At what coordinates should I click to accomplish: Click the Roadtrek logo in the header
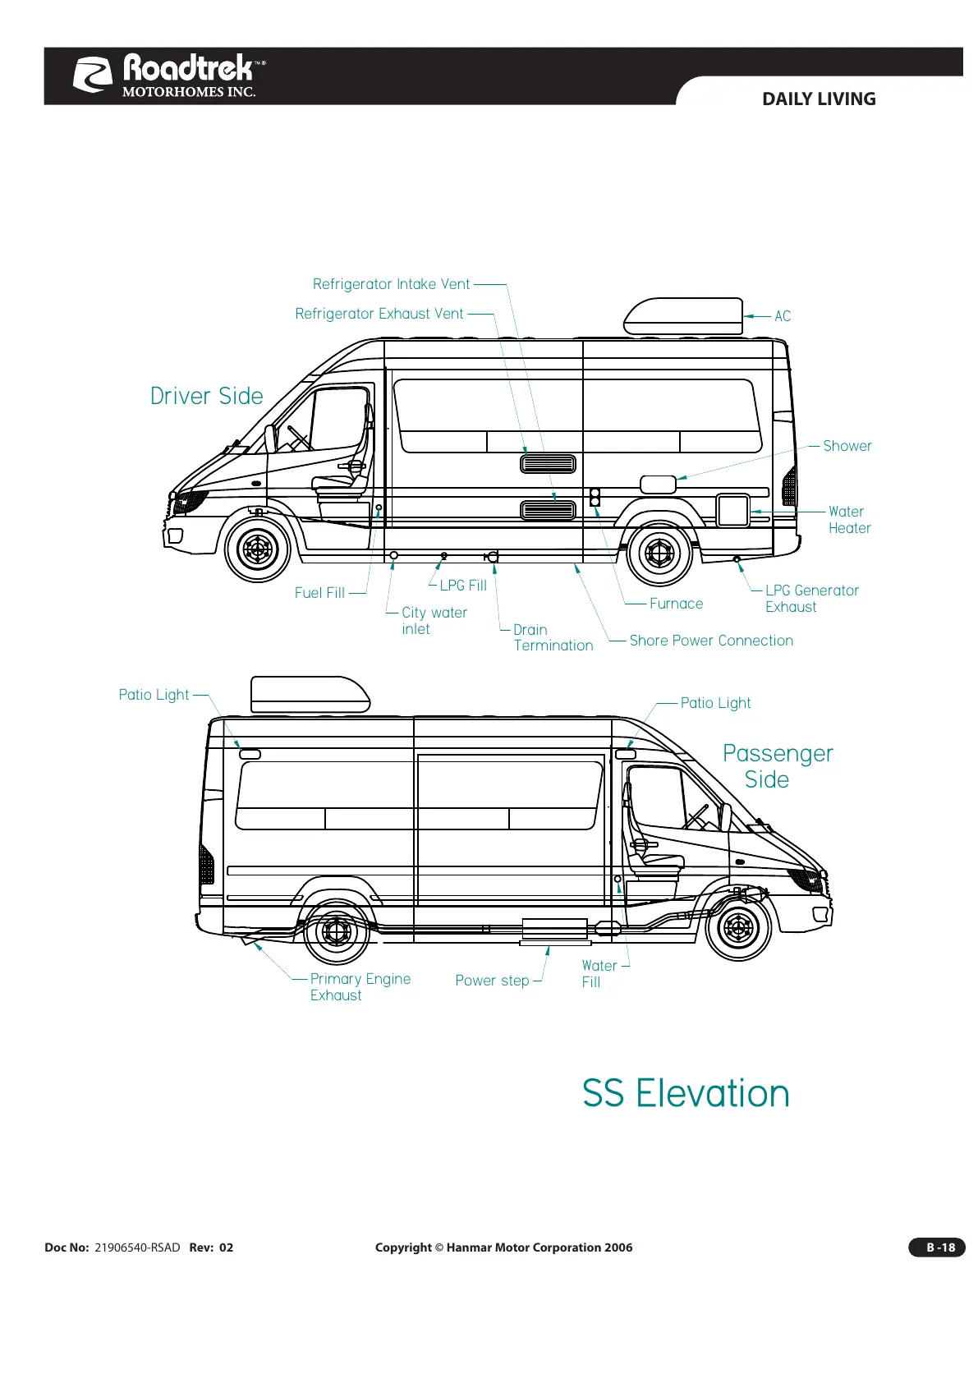coord(169,75)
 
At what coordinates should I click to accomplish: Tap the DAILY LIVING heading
coord(818,99)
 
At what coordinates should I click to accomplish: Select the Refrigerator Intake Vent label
coord(391,284)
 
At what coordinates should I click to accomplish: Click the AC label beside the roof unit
coord(783,316)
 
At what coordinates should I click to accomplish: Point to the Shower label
coord(847,446)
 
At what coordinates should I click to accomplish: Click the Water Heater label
coord(848,520)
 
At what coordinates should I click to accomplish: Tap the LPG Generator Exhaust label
coord(810,599)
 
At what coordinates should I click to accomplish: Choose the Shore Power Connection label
coord(710,641)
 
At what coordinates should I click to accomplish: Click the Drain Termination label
coord(552,637)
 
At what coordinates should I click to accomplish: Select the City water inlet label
coord(434,621)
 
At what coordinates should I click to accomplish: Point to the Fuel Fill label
coord(319,593)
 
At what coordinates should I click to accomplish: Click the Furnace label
coord(676,604)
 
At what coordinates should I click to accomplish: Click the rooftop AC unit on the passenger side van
coord(310,695)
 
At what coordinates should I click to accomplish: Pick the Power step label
coord(492,981)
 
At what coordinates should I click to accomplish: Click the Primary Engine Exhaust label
coord(360,987)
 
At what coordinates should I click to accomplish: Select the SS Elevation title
coord(686,1094)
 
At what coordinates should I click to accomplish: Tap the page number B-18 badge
coord(937,1247)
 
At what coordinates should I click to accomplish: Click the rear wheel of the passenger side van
coord(337,932)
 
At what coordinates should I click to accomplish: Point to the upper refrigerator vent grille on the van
coord(548,463)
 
